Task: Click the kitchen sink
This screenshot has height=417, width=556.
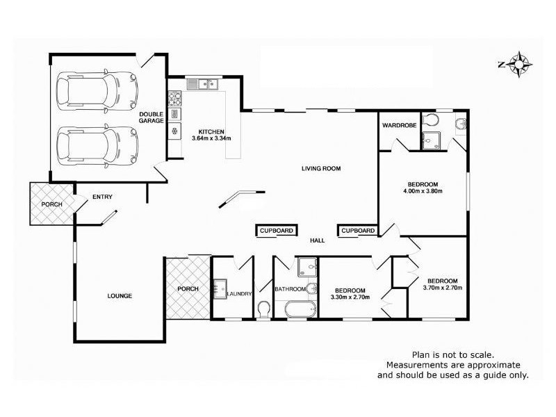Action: [x=202, y=84]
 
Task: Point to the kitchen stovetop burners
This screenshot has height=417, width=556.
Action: [x=174, y=99]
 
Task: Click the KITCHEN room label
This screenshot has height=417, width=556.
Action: [x=211, y=131]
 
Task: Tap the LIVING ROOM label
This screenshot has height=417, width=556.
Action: [x=321, y=168]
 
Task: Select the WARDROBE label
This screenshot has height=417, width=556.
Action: [x=399, y=125]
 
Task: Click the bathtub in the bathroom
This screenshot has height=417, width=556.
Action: [x=300, y=309]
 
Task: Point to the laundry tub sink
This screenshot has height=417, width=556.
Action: [x=220, y=289]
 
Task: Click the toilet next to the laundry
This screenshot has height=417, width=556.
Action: [x=263, y=310]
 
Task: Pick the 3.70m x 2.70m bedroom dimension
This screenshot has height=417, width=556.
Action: [x=443, y=288]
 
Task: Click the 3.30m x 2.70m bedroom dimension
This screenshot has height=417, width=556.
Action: [x=350, y=297]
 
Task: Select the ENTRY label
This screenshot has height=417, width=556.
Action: [x=102, y=197]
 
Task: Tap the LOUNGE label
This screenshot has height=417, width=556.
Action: [x=120, y=296]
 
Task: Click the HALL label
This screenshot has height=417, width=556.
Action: [x=318, y=240]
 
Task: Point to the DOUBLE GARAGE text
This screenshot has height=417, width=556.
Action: [x=151, y=117]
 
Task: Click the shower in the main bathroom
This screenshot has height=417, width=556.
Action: [x=307, y=267]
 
